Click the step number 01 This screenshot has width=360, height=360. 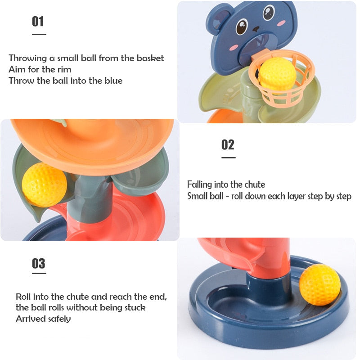38,21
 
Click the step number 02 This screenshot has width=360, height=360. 228,144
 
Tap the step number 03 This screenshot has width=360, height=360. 38,263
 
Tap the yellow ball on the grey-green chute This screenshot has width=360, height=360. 44,185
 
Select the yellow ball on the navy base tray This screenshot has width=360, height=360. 319,285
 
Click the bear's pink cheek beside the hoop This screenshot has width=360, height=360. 233,46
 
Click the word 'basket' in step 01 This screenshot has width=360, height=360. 150,58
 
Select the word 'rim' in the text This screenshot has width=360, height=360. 63,69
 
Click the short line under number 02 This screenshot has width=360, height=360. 228,157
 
